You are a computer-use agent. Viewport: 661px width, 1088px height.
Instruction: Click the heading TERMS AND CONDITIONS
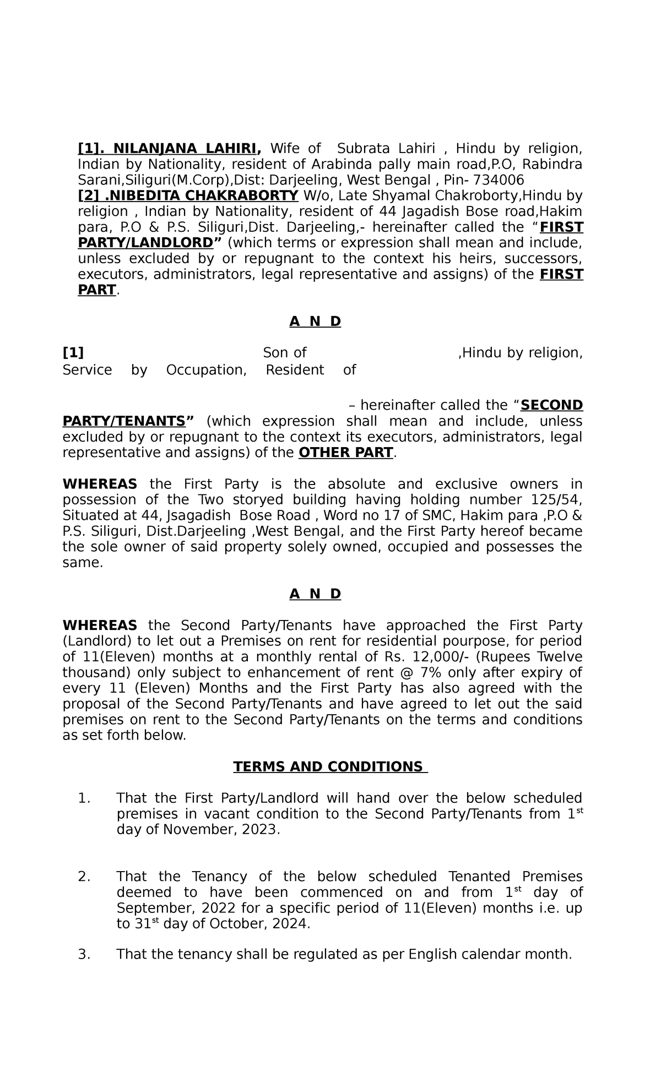coord(330,767)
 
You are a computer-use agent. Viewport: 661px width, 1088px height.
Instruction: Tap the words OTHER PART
coord(346,453)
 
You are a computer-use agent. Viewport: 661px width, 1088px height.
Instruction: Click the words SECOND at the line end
coord(551,406)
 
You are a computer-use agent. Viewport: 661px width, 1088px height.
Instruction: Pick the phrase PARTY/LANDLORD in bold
coord(145,243)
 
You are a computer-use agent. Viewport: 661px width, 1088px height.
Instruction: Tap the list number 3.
coord(84,955)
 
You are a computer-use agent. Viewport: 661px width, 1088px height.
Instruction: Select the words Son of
coord(284,353)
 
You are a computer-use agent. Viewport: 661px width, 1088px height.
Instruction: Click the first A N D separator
coord(315,322)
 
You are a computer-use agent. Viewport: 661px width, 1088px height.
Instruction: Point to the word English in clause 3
coord(432,955)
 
